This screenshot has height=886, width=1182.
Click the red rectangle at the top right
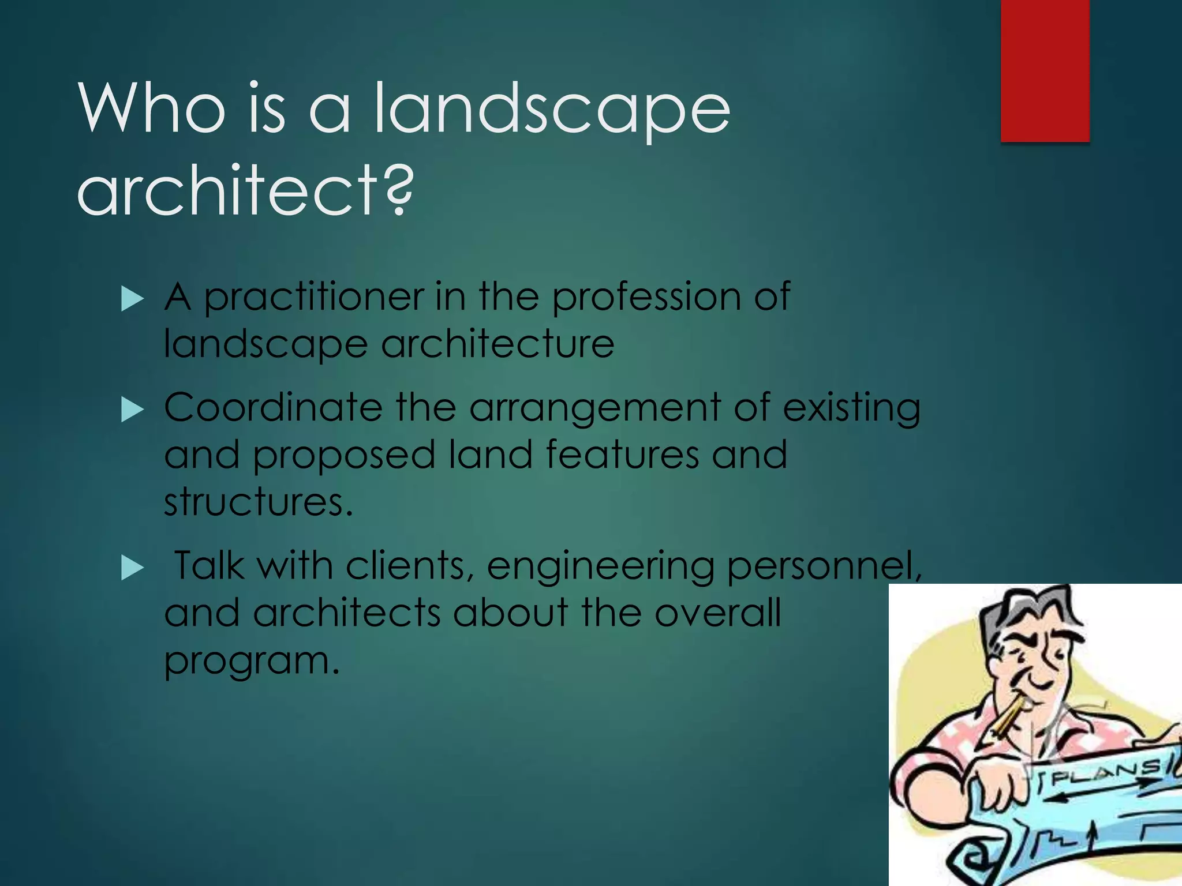pos(1045,70)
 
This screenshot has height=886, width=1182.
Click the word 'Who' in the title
pos(151,108)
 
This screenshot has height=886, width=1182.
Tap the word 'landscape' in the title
pos(552,110)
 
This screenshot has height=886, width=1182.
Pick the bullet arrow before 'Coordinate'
pos(132,411)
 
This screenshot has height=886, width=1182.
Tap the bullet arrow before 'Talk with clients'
pos(132,569)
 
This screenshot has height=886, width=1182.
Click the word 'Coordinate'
pos(272,408)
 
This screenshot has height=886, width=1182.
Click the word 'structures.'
pos(257,502)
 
